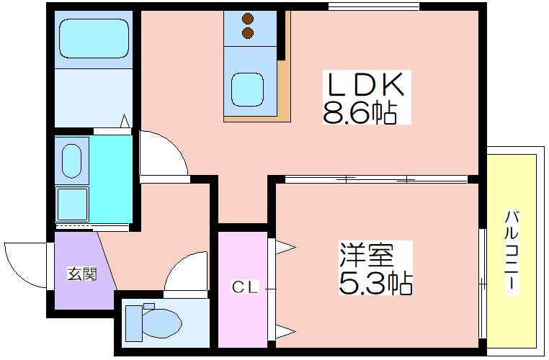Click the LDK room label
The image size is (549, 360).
[366, 84]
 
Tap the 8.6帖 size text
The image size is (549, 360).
[360, 112]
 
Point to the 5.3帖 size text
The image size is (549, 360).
[375, 282]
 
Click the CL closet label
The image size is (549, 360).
[245, 287]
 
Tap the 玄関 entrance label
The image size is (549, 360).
[82, 274]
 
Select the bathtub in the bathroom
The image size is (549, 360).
[94, 37]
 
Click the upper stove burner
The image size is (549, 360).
[248, 19]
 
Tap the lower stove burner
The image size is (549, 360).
[248, 32]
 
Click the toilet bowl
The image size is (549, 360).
[162, 323]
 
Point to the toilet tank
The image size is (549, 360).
[134, 323]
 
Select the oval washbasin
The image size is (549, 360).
[72, 161]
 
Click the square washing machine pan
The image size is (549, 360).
[73, 204]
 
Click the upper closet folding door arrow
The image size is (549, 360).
[286, 248]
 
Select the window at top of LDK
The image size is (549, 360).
[374, 6]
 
